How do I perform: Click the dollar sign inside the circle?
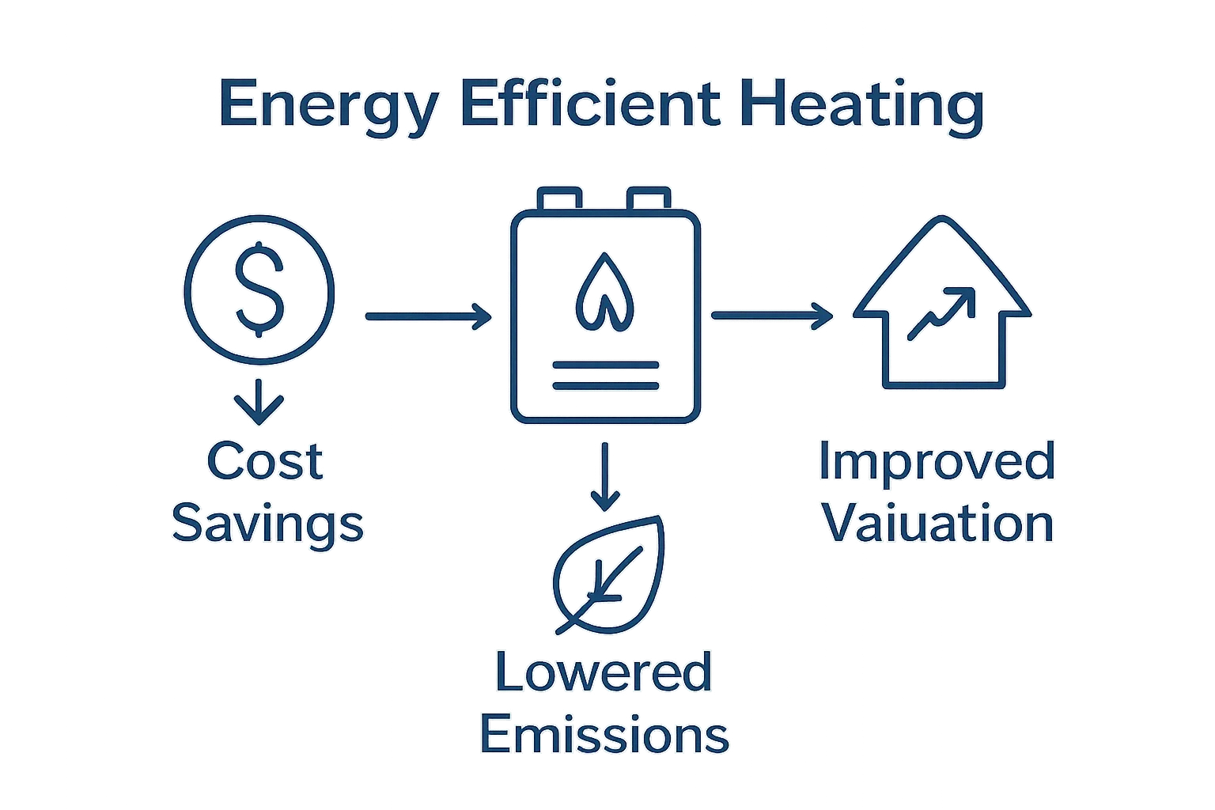(x=259, y=288)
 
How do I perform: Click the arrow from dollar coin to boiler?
(x=428, y=316)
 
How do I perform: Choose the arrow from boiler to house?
(x=772, y=316)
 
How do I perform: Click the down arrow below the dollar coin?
(x=259, y=400)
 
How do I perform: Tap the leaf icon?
(x=608, y=573)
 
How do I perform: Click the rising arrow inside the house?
(x=941, y=313)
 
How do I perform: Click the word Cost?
(x=264, y=462)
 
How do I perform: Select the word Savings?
(x=267, y=524)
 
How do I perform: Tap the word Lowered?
(x=604, y=673)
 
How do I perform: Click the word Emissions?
(x=604, y=735)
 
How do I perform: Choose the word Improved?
(x=937, y=461)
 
